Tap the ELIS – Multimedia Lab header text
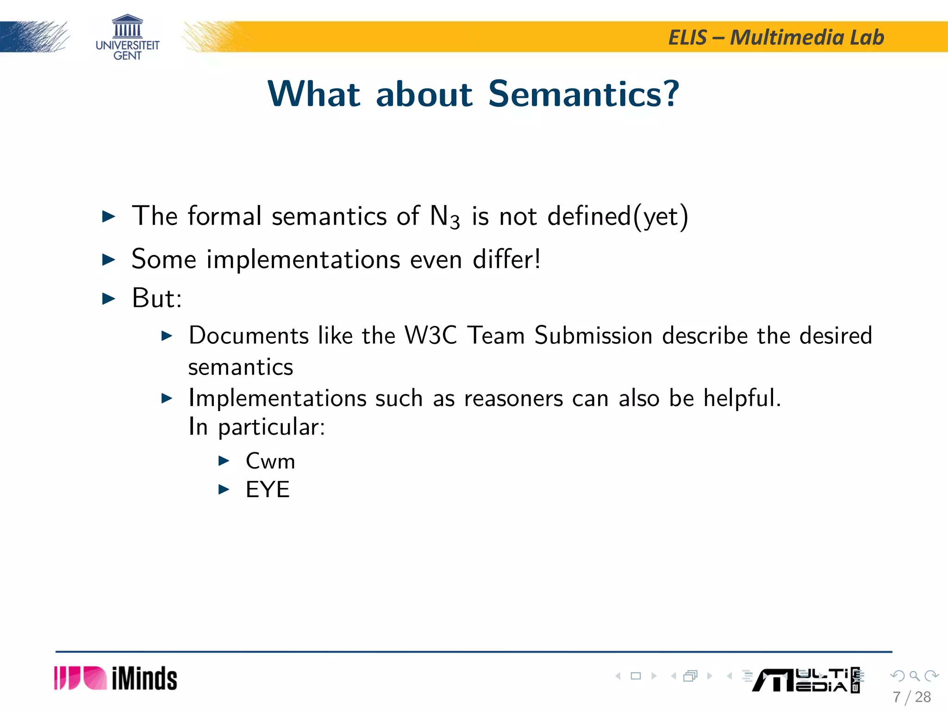(x=776, y=37)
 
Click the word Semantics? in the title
(x=584, y=94)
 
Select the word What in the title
(x=314, y=94)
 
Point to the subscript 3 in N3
(x=455, y=222)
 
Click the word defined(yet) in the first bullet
(x=617, y=216)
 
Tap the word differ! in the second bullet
(x=506, y=259)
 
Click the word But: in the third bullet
(x=157, y=298)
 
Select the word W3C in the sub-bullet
(x=431, y=335)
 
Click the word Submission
(x=593, y=335)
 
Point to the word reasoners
(x=513, y=398)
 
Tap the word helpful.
(x=742, y=398)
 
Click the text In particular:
(x=257, y=427)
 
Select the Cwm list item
(x=270, y=461)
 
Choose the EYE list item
(x=268, y=489)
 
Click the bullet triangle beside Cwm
(x=224, y=461)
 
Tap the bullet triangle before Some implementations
(x=108, y=259)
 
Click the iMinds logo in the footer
(x=116, y=678)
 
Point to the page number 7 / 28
(x=911, y=697)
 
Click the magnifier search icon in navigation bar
(x=914, y=676)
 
